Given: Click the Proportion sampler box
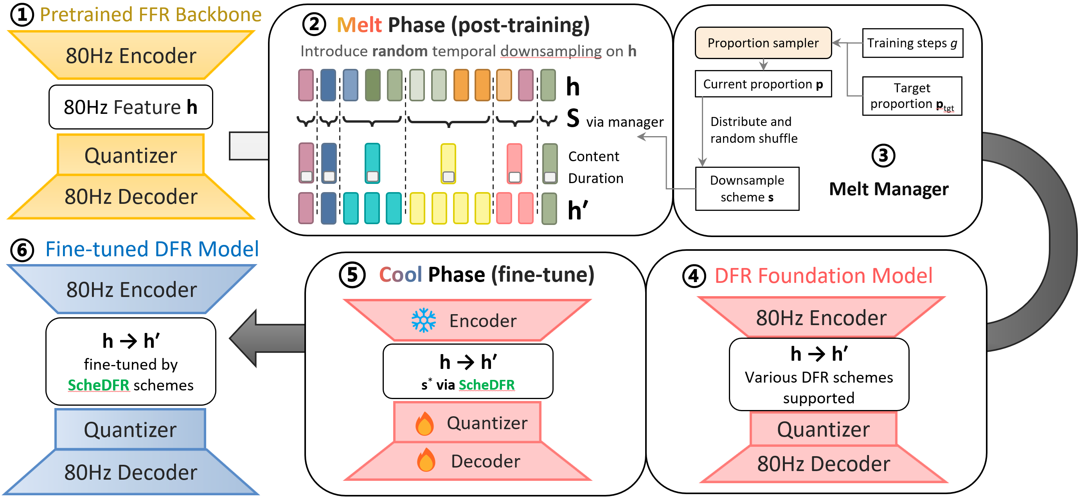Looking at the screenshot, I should click(x=763, y=43).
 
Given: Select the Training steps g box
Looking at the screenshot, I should click(x=912, y=43).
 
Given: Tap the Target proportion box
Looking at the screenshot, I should click(x=912, y=96).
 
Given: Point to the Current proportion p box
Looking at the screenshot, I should click(x=763, y=84).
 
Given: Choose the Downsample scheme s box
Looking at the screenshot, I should click(x=747, y=189).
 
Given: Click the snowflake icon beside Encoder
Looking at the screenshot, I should click(x=423, y=320).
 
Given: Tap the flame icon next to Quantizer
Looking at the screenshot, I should click(x=424, y=423).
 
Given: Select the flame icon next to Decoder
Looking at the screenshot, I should click(x=426, y=460).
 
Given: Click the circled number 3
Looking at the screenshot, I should click(x=883, y=156).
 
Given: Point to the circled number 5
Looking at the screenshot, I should click(x=352, y=275).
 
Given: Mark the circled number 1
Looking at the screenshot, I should click(x=22, y=15).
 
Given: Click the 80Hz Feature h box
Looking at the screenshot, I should click(x=131, y=107).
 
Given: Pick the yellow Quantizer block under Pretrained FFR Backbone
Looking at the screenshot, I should click(x=131, y=155).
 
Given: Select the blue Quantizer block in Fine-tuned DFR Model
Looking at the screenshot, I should click(x=130, y=429).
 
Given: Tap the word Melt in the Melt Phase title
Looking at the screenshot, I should click(x=359, y=25).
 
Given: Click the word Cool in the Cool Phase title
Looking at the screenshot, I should click(x=400, y=275).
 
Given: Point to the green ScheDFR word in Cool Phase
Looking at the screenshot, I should click(x=486, y=385).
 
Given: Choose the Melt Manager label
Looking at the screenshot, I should click(x=889, y=189).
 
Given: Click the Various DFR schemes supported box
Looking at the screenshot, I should click(x=819, y=374).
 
